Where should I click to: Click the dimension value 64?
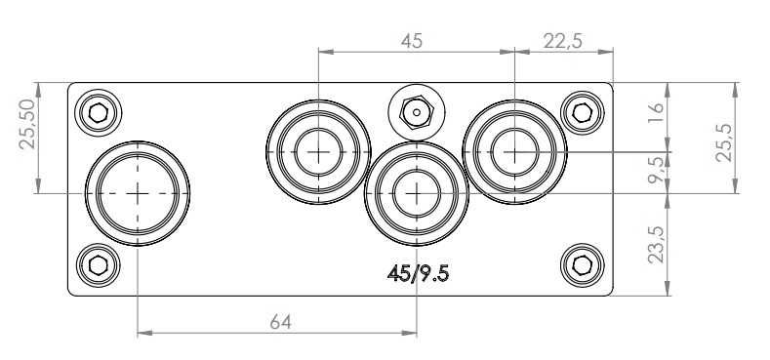click(280, 322)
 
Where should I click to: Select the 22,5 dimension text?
click(563, 42)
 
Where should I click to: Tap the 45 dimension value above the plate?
click(412, 41)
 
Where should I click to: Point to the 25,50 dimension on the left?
click(27, 124)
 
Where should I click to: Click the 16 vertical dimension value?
click(656, 112)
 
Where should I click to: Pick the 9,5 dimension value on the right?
click(656, 170)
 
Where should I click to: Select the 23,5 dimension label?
click(656, 244)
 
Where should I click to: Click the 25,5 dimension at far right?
click(724, 142)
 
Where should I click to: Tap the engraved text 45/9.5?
click(418, 273)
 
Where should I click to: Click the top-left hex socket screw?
click(99, 112)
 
